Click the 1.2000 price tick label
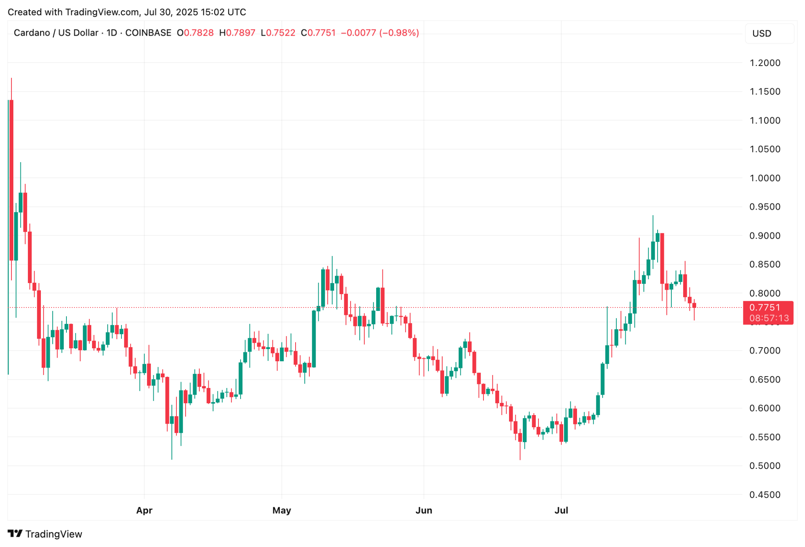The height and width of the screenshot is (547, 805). [x=765, y=63]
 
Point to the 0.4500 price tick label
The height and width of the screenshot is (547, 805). [x=765, y=495]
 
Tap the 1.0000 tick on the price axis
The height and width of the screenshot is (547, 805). [x=765, y=178]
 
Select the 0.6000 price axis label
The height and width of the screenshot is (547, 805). [x=765, y=408]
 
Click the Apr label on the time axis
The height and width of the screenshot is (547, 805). [x=144, y=510]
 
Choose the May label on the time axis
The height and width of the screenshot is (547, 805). [x=281, y=510]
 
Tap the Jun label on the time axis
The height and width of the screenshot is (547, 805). [x=424, y=510]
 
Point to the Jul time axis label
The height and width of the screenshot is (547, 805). [x=561, y=510]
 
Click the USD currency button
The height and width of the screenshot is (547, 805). [x=769, y=33]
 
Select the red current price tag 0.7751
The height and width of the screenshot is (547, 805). [x=765, y=307]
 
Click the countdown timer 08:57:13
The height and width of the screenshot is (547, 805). [x=769, y=318]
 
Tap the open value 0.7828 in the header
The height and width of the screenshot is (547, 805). [x=198, y=33]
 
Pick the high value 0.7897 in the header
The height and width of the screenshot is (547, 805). [x=241, y=33]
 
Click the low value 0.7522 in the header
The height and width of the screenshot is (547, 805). [x=280, y=33]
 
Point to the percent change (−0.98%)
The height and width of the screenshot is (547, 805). [x=399, y=33]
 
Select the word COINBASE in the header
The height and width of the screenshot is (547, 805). [x=148, y=33]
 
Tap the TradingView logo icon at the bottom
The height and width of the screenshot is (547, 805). [x=15, y=534]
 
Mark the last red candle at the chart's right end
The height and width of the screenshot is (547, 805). [x=694, y=306]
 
